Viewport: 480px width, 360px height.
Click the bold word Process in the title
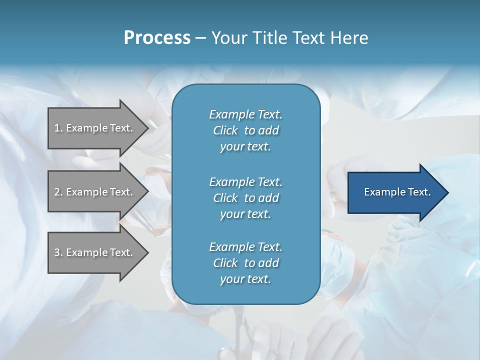[157, 38]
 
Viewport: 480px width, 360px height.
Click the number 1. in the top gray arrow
[58, 128]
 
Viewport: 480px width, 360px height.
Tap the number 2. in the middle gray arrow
[58, 192]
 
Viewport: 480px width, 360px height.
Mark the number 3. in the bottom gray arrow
[58, 252]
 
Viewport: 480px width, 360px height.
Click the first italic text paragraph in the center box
[245, 130]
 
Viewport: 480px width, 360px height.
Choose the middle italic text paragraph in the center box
[245, 198]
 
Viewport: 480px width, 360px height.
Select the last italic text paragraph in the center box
[245, 263]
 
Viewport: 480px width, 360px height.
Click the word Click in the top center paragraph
[225, 130]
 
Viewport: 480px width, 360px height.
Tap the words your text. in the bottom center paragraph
[245, 279]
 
